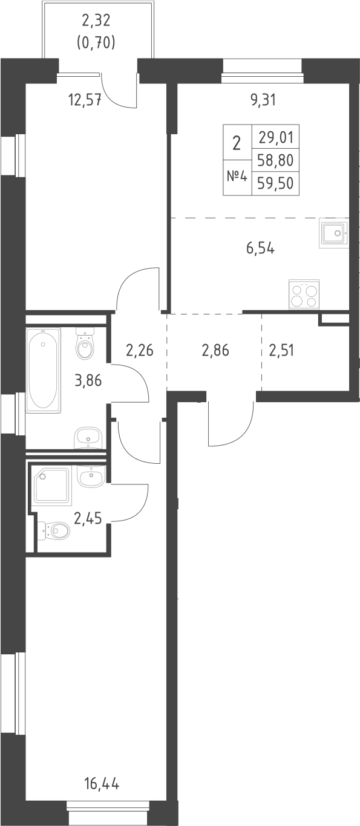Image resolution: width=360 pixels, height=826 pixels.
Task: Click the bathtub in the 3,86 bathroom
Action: [44, 371]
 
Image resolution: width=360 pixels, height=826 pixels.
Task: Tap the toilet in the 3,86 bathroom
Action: [85, 346]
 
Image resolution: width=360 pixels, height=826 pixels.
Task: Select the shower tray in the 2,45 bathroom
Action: [53, 486]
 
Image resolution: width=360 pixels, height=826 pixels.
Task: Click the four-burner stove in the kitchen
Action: [304, 294]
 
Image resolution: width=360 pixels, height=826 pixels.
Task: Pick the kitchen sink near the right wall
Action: [333, 233]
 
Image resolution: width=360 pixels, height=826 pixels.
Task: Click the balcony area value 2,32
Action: [97, 22]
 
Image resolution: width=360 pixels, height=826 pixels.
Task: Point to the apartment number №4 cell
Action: [237, 177]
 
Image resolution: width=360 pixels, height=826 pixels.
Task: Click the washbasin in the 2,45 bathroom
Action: [91, 476]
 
